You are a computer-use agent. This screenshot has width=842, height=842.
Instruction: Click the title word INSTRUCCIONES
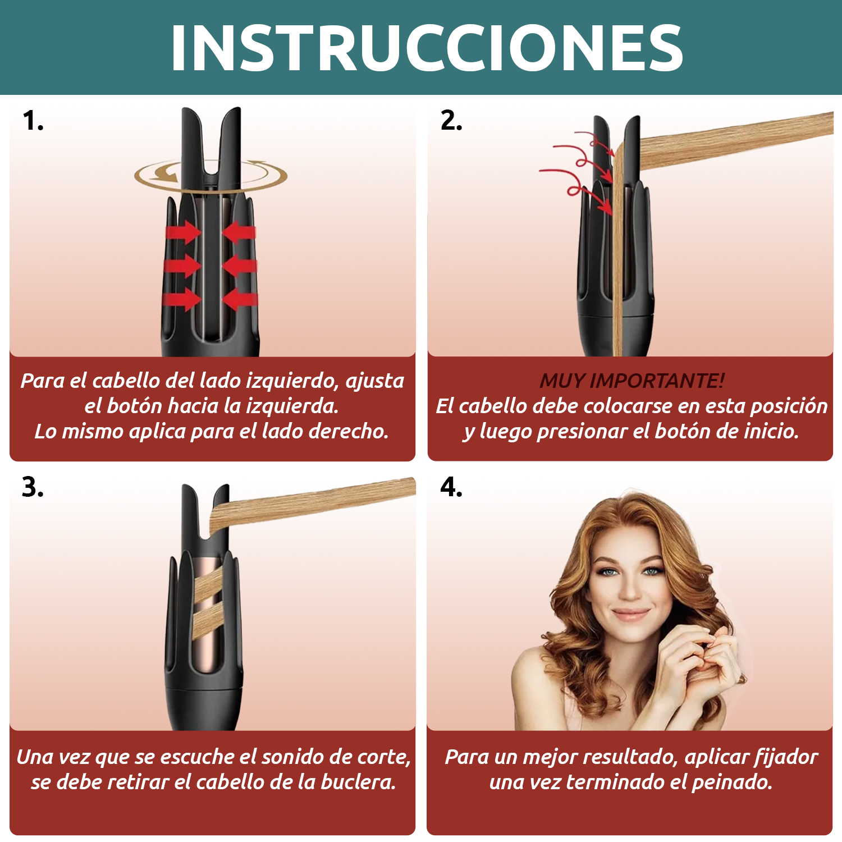[x=427, y=48]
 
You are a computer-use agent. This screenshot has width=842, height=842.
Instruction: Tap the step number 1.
[x=33, y=121]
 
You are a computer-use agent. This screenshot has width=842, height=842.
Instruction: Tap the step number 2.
[x=451, y=121]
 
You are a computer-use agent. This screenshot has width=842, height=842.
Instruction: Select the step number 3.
[x=33, y=487]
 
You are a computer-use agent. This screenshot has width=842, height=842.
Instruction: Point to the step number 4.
[x=451, y=487]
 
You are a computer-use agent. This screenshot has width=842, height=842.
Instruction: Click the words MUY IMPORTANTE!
[x=631, y=381]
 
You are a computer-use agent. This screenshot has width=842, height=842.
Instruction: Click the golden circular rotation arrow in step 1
[x=210, y=175]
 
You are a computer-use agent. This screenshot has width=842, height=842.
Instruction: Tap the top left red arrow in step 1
[x=182, y=231]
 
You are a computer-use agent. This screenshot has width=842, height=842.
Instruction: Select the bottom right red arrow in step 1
[x=240, y=299]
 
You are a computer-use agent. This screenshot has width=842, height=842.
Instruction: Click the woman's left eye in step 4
[x=651, y=571]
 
